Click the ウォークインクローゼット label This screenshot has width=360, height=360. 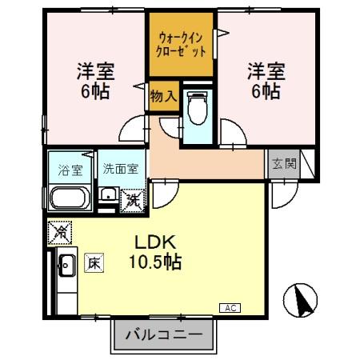pos(182,44)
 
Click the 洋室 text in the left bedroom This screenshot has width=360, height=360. pos(95,70)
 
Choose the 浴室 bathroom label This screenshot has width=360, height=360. pos(70,170)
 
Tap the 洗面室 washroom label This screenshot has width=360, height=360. pos(121,170)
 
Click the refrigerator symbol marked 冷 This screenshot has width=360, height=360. pos(59,234)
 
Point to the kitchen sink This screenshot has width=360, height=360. pos(66,265)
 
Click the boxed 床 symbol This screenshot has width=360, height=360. pos(94,262)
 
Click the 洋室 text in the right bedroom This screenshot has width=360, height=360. pos(265,70)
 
